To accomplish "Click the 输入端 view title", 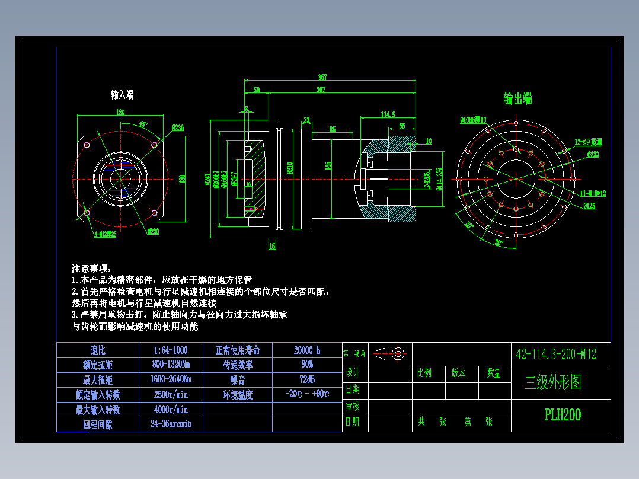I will pyautogui.click(x=122, y=94).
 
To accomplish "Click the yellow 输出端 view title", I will pyautogui.click(x=517, y=98).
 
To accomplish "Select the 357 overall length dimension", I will pyautogui.click(x=322, y=77).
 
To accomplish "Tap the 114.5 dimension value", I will pyautogui.click(x=388, y=114).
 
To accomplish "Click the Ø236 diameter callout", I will pyautogui.click(x=177, y=127).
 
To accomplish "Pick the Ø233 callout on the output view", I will pyautogui.click(x=593, y=154).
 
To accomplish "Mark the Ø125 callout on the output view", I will pyautogui.click(x=589, y=206).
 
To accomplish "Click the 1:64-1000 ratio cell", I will pyautogui.click(x=171, y=350).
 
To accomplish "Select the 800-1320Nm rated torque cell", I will pyautogui.click(x=171, y=364).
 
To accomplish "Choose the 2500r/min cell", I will pyautogui.click(x=171, y=394).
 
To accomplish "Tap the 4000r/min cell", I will pyautogui.click(x=171, y=409).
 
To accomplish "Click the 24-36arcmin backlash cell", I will pyautogui.click(x=171, y=424).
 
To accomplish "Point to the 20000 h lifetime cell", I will pyautogui.click(x=307, y=350).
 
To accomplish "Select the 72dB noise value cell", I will pyautogui.click(x=307, y=379).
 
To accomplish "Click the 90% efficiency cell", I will pyautogui.click(x=307, y=364).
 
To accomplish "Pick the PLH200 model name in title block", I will pyautogui.click(x=563, y=415).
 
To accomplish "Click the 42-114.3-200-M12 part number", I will pyautogui.click(x=556, y=355).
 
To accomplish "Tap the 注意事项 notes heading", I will pyautogui.click(x=91, y=269).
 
